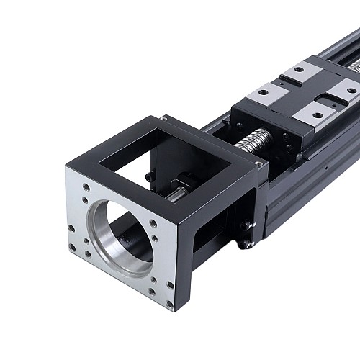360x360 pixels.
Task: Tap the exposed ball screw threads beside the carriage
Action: point(252,141)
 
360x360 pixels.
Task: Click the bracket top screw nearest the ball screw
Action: point(258,165)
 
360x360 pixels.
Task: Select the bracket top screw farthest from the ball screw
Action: point(164,118)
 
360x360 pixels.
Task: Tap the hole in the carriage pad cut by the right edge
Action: point(351,90)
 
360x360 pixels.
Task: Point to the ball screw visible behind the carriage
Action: point(354,66)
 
